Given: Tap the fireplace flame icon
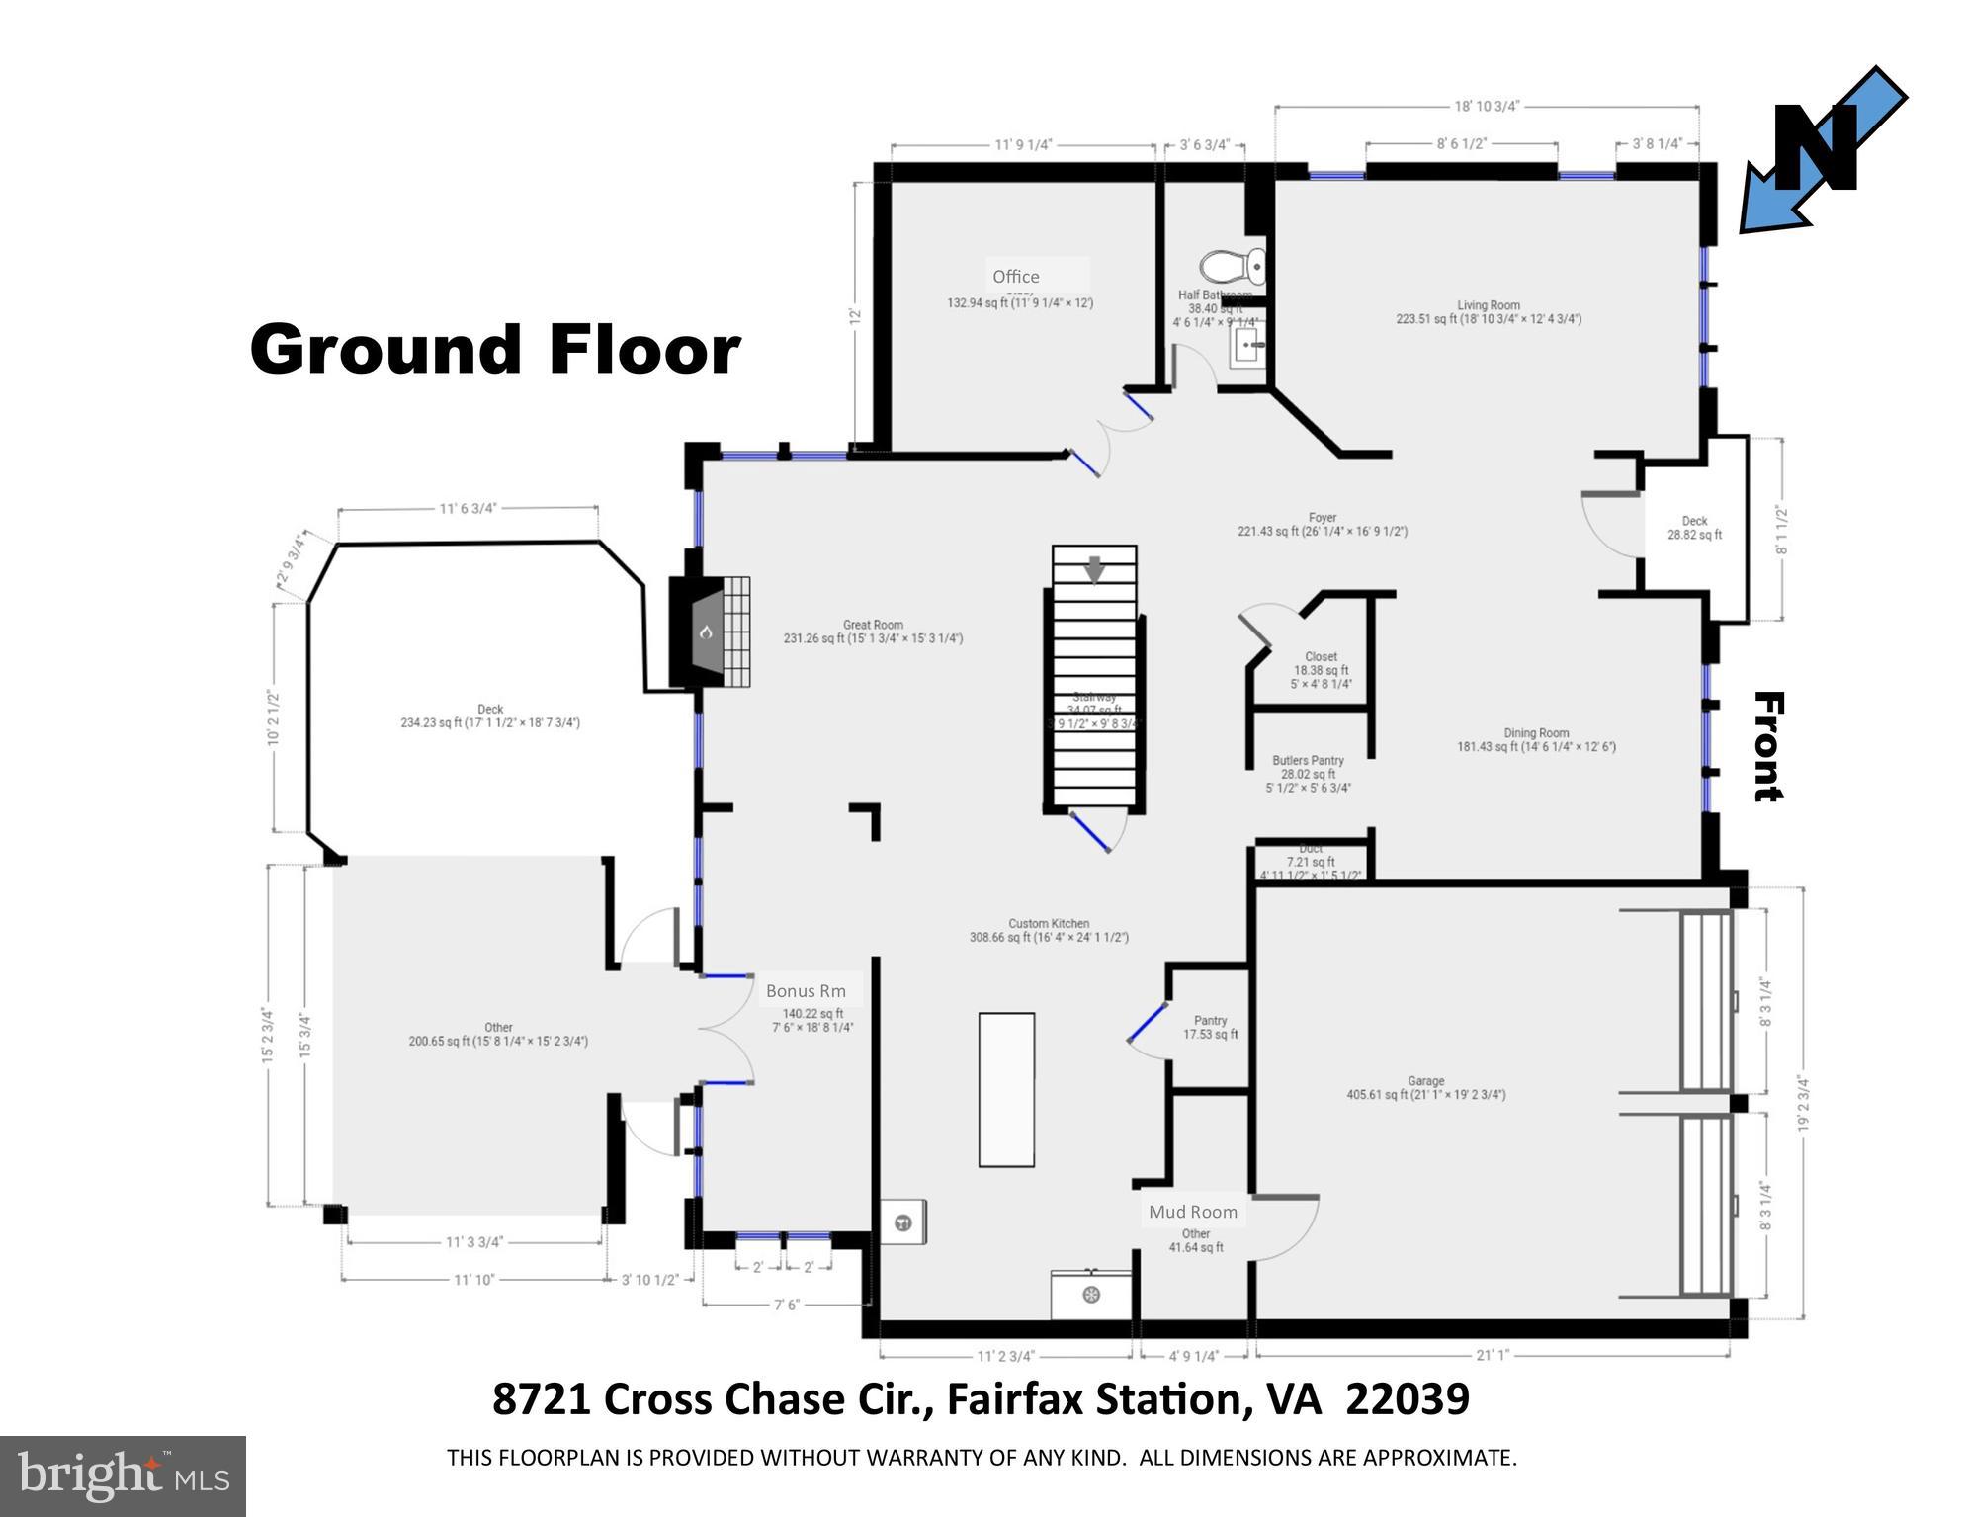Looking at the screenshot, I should click(706, 632).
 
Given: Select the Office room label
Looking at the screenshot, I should click(1016, 277).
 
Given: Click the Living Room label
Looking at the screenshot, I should click(1488, 305).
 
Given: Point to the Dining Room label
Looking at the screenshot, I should click(1536, 733).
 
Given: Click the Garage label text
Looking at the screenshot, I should click(1425, 1081).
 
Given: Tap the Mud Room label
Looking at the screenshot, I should click(1192, 1212).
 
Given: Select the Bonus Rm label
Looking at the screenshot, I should click(805, 991).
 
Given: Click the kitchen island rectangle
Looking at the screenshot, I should click(1006, 1089).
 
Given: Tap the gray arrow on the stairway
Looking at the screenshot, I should click(1094, 570).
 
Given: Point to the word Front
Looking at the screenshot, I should click(1767, 746).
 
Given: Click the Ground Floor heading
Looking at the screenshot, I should click(494, 349).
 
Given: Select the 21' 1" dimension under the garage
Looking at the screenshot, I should click(1493, 1356).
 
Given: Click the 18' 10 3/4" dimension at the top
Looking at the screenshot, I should click(1487, 107).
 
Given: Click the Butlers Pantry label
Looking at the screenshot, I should click(1308, 761).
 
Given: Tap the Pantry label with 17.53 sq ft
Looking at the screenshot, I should click(1210, 1021).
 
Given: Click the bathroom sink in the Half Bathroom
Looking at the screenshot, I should click(1248, 347).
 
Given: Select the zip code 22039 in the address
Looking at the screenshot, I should click(1408, 1400).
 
